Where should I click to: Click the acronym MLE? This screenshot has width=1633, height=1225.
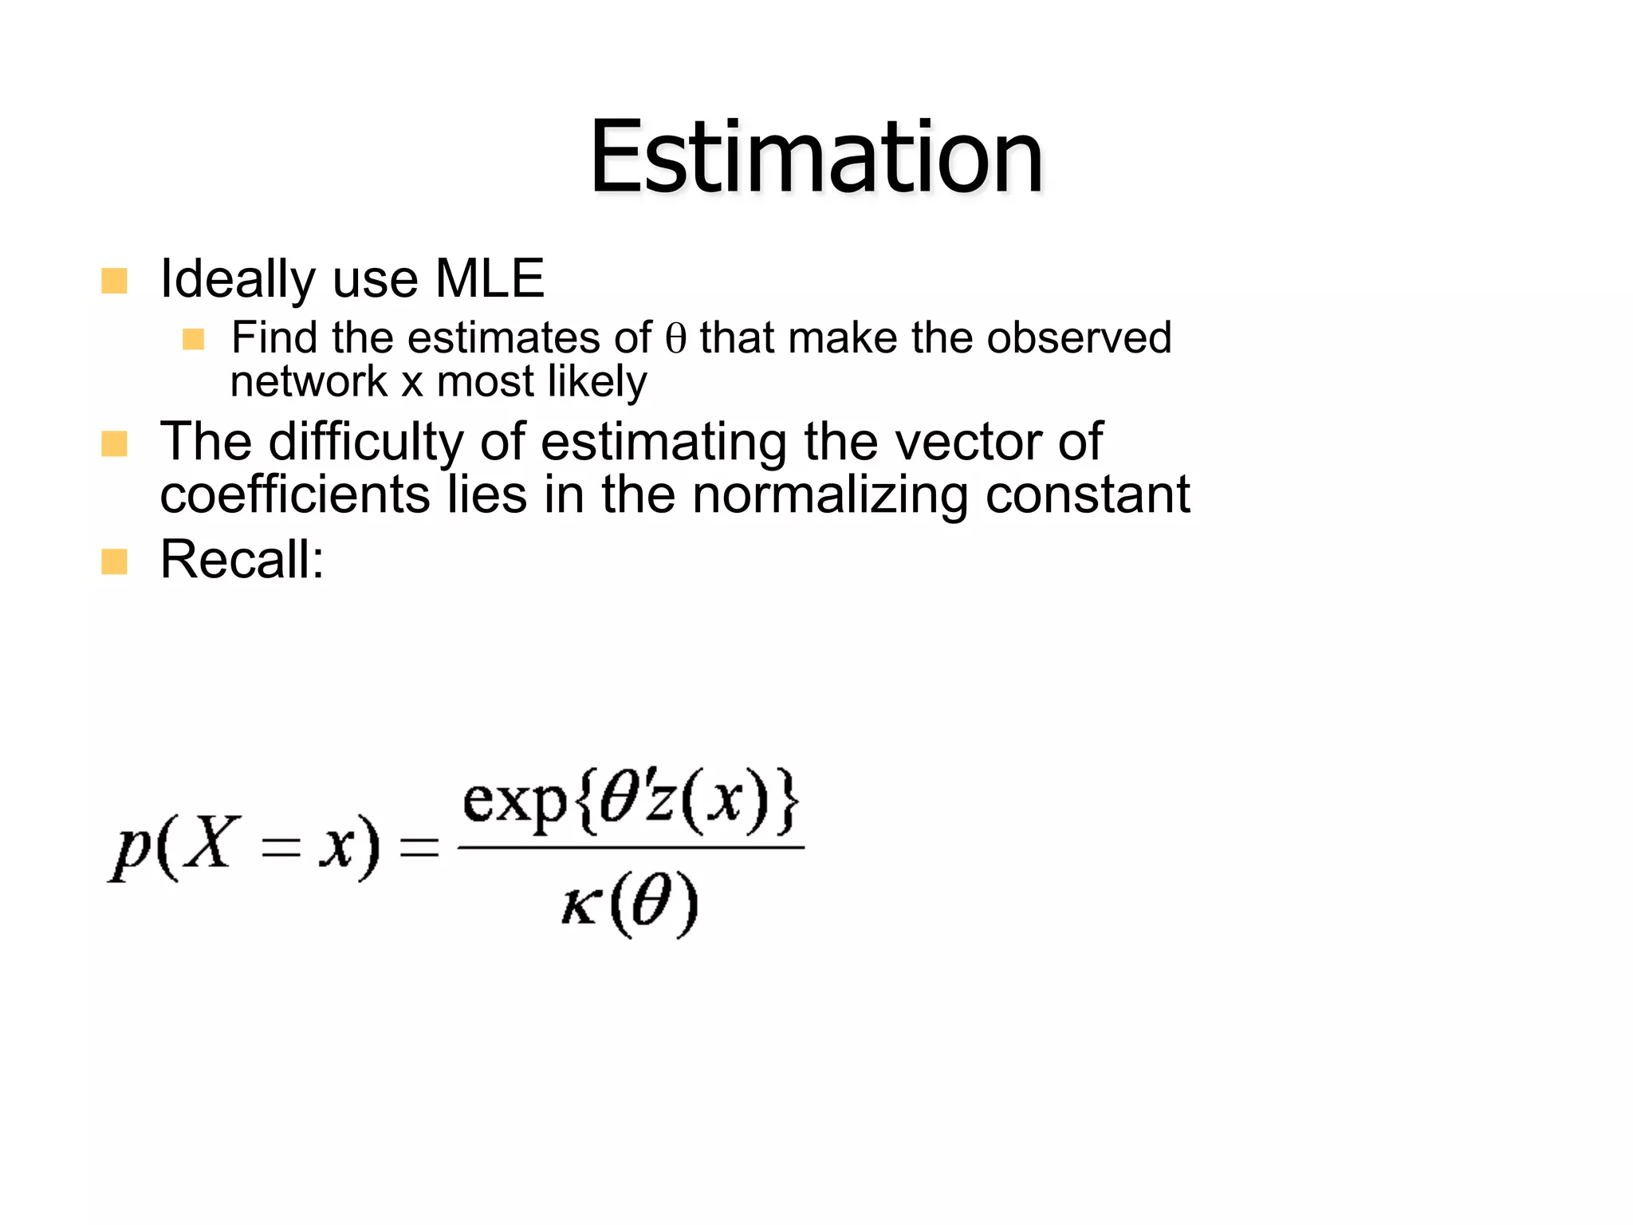(490, 279)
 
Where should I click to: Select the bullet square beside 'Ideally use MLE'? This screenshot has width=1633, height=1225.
(115, 281)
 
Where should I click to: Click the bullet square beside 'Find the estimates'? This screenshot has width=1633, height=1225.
(193, 340)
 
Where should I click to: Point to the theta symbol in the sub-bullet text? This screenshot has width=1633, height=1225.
(675, 339)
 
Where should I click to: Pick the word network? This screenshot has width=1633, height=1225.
(308, 381)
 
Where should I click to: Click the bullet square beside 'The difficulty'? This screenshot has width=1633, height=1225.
(115, 444)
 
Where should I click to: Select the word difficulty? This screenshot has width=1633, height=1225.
(366, 443)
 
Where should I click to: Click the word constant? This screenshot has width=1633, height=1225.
(1088, 495)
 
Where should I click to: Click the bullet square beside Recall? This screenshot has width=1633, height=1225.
(115, 561)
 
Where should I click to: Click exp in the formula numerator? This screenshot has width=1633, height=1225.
(514, 802)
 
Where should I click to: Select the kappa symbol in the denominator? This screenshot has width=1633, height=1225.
(580, 908)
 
